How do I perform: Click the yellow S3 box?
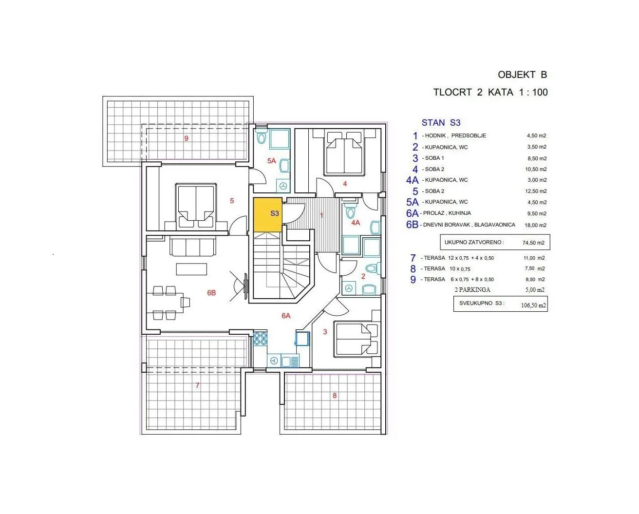click(x=267, y=215)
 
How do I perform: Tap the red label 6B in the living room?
click(x=211, y=293)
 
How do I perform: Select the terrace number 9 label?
click(x=186, y=138)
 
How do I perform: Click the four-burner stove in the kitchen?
click(x=261, y=338)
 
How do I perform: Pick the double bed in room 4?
click(x=344, y=152)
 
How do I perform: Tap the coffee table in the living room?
click(x=191, y=269)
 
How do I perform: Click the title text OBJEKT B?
click(x=522, y=75)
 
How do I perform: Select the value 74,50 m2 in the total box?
click(x=534, y=243)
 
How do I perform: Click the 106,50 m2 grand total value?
click(x=533, y=305)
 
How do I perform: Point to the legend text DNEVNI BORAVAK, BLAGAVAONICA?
click(x=469, y=225)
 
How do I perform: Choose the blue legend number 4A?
click(x=413, y=180)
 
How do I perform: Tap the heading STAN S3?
click(x=441, y=122)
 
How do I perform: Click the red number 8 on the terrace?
click(x=335, y=396)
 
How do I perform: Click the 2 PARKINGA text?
click(x=472, y=290)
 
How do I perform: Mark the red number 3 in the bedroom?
click(x=325, y=332)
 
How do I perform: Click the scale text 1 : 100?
click(x=533, y=93)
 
